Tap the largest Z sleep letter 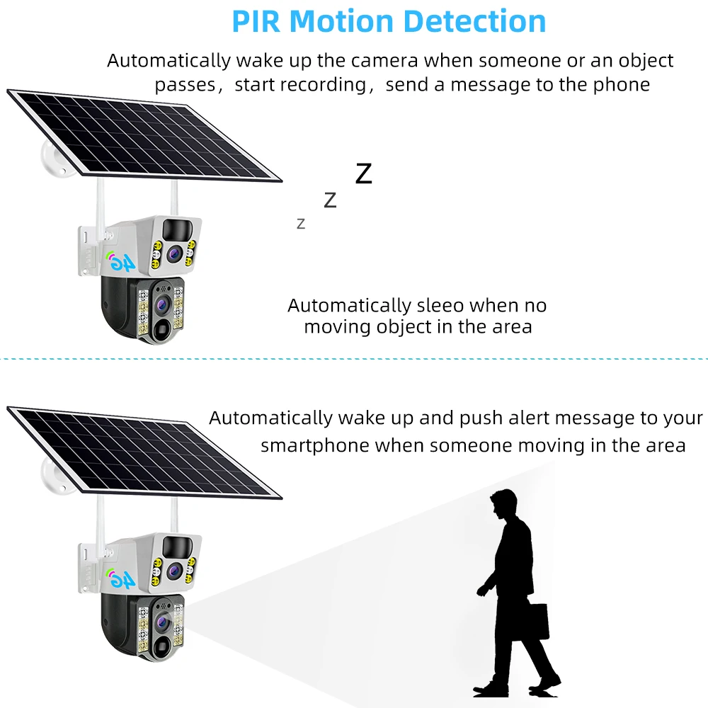click(x=363, y=174)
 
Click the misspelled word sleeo click(x=439, y=306)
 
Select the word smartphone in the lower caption click(x=315, y=445)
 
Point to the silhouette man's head click(x=503, y=504)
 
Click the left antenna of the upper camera click(x=100, y=198)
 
